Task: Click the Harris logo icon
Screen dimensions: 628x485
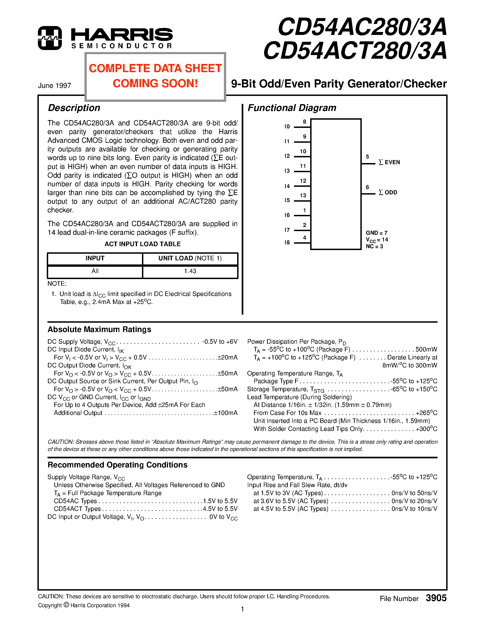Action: click(x=50, y=38)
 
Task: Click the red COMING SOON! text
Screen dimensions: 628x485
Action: click(x=155, y=83)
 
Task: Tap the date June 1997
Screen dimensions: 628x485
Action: click(x=55, y=86)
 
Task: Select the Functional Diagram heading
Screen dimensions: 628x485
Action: click(x=292, y=108)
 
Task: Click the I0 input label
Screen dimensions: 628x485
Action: click(x=287, y=127)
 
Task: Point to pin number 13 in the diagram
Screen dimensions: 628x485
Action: click(x=303, y=195)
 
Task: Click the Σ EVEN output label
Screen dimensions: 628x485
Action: click(x=389, y=162)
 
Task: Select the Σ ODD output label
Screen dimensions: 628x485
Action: click(x=388, y=192)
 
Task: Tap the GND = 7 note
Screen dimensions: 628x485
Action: click(x=376, y=233)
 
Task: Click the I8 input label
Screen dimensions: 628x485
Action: click(x=287, y=242)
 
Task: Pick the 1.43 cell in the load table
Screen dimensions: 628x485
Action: click(x=190, y=271)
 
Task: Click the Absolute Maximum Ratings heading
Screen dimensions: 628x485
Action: click(x=100, y=329)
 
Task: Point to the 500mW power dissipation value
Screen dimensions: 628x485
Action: click(x=426, y=349)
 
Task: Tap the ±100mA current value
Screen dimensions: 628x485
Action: click(x=225, y=413)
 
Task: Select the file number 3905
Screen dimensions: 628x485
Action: click(x=436, y=598)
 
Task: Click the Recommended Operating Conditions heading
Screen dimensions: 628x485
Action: click(x=118, y=465)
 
